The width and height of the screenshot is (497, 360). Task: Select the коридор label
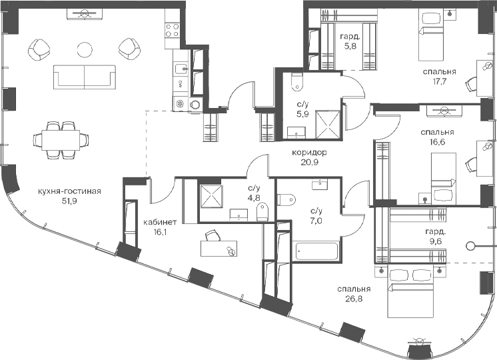coord(309,153)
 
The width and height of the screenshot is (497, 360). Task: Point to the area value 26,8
coord(354,298)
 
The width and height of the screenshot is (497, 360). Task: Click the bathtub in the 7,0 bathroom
coord(316,252)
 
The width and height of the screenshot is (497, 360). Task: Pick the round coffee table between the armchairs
coord(85,50)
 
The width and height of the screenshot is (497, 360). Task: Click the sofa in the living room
coord(85,77)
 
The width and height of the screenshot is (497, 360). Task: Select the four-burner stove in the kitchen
coord(173,31)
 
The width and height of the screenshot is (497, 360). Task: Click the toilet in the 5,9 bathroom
coord(297,82)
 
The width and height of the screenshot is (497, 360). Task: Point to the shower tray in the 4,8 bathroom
coord(211,197)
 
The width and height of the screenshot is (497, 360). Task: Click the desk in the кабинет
coord(219,248)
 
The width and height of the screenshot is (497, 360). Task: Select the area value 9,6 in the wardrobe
coord(434,241)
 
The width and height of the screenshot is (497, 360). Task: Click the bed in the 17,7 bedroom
coord(431,35)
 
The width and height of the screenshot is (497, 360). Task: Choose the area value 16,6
coord(438,141)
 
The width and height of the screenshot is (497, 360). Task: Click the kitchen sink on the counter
coord(181,69)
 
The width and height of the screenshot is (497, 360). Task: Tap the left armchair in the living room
coord(39,50)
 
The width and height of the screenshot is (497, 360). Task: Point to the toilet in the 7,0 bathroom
coord(286,199)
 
